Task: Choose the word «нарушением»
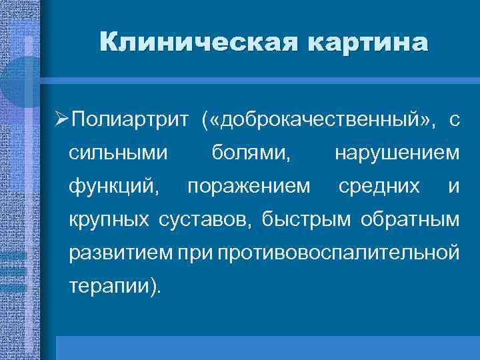pos(397,154)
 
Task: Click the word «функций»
pos(114,187)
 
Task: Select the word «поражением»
pos(249,187)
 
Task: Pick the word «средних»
pos(379,187)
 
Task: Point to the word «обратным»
pos(411,219)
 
